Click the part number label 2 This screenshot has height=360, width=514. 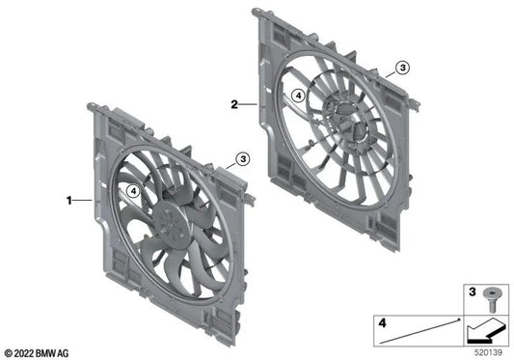[x=234, y=100]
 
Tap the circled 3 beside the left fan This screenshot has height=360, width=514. [x=243, y=157]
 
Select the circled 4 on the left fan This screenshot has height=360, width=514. [x=132, y=191]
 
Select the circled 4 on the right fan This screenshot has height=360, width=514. [x=299, y=95]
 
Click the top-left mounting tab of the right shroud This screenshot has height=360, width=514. [x=257, y=14]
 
